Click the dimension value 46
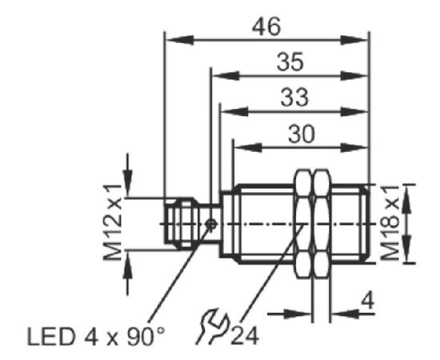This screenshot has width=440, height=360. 266,26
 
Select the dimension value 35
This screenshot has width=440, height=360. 290,62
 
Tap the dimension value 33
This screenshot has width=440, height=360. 294,97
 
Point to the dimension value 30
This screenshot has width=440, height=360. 302,134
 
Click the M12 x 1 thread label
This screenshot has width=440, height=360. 112,222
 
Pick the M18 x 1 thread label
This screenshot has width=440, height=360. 390,222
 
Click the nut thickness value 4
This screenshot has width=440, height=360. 367,302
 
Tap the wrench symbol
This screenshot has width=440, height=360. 213,326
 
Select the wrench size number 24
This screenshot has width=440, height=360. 245,336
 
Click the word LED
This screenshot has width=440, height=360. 51,337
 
